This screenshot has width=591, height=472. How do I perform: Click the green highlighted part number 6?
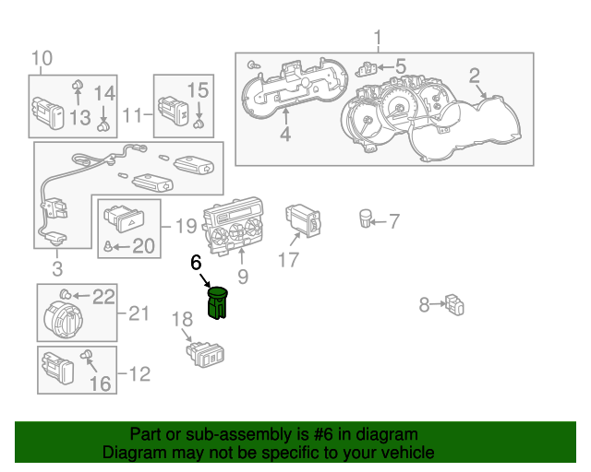pos(218,303)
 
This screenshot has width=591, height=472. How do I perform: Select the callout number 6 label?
pos(195,263)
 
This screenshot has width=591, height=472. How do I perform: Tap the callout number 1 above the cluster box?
pos(377,38)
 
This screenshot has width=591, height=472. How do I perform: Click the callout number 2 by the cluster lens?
pos(474,76)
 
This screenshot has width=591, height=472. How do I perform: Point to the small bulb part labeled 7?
pos(366,219)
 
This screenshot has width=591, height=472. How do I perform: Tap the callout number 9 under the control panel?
pos(242,275)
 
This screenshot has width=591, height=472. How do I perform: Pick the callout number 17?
pos(289,260)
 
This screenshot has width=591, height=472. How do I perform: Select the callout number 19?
pos(186,224)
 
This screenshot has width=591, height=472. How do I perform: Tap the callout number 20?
pos(143,245)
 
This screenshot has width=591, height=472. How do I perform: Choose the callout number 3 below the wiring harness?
pos(56,269)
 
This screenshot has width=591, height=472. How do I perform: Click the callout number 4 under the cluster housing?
pos(285,135)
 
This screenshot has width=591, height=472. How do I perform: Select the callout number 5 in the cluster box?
pos(400,65)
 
